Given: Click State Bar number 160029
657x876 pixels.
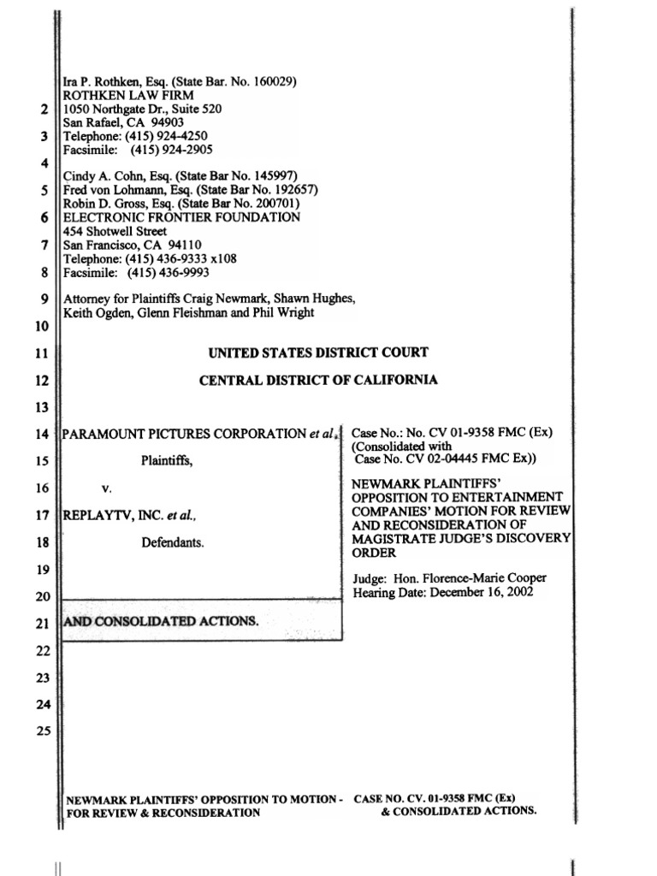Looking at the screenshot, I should click(x=269, y=82).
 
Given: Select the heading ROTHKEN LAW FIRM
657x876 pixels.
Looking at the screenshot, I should click(x=129, y=96).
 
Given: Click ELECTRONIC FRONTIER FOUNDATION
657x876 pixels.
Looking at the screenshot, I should click(x=182, y=217).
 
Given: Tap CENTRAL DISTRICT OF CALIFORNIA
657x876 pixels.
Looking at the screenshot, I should click(x=318, y=380).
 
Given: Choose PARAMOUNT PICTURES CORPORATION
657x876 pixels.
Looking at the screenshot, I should click(x=185, y=434).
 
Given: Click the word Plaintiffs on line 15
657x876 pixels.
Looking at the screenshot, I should click(x=167, y=461).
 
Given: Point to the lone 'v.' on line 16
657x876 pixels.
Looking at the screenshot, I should click(x=107, y=488).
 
